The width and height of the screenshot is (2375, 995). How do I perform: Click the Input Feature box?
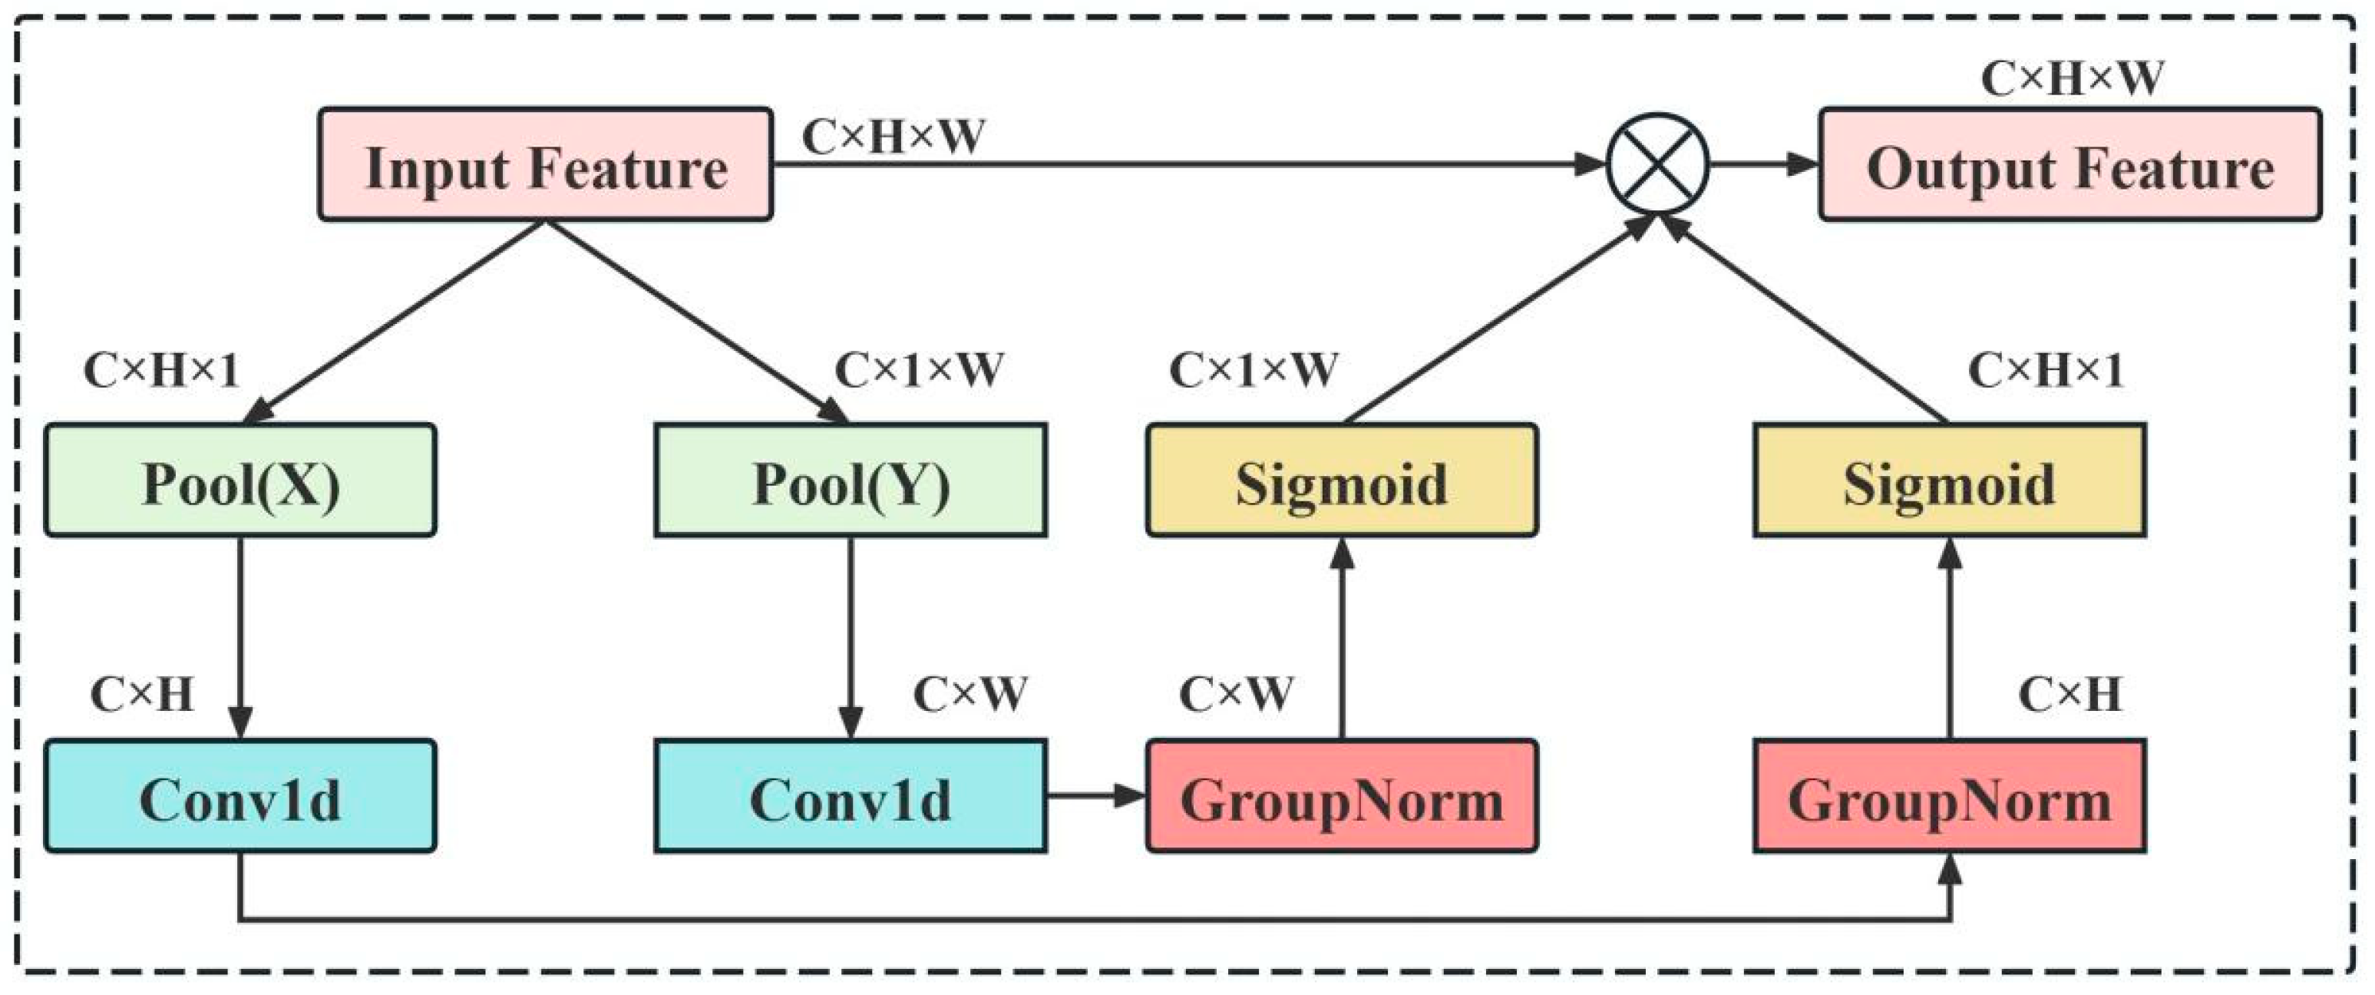tap(545, 165)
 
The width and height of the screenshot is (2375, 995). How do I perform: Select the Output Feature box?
tap(2069, 165)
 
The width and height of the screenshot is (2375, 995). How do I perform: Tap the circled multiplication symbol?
tap(1658, 164)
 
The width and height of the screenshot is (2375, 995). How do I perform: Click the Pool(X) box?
tap(240, 481)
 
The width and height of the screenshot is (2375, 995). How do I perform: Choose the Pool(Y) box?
tap(850, 481)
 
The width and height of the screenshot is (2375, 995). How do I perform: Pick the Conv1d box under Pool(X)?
tap(240, 796)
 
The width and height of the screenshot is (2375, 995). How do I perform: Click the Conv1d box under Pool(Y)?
tap(850, 796)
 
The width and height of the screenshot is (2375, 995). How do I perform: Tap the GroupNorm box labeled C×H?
tap(1948, 796)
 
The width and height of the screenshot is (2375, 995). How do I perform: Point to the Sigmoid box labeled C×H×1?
tap(1948, 481)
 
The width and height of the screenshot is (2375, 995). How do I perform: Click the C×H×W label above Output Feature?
tap(2071, 79)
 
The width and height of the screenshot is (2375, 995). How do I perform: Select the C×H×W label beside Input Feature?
tap(893, 137)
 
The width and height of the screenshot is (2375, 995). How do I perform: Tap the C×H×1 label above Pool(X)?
tap(161, 371)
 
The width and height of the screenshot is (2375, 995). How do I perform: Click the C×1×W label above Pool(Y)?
tap(918, 371)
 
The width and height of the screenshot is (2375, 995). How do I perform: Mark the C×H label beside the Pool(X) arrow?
tap(141, 694)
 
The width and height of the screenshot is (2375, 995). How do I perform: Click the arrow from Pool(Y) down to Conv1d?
tap(850, 636)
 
